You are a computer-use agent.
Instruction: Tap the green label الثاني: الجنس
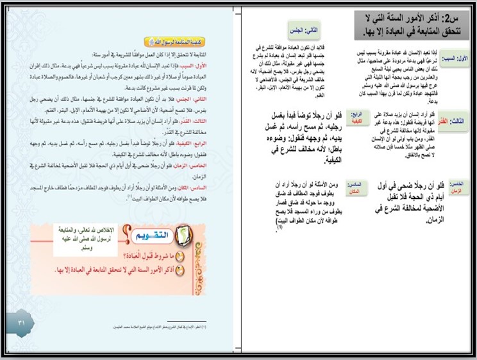point(304,30)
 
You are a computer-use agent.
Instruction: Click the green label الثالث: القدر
point(456,121)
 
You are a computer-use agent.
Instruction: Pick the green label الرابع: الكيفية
point(354,117)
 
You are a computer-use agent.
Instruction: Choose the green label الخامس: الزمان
point(455,188)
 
